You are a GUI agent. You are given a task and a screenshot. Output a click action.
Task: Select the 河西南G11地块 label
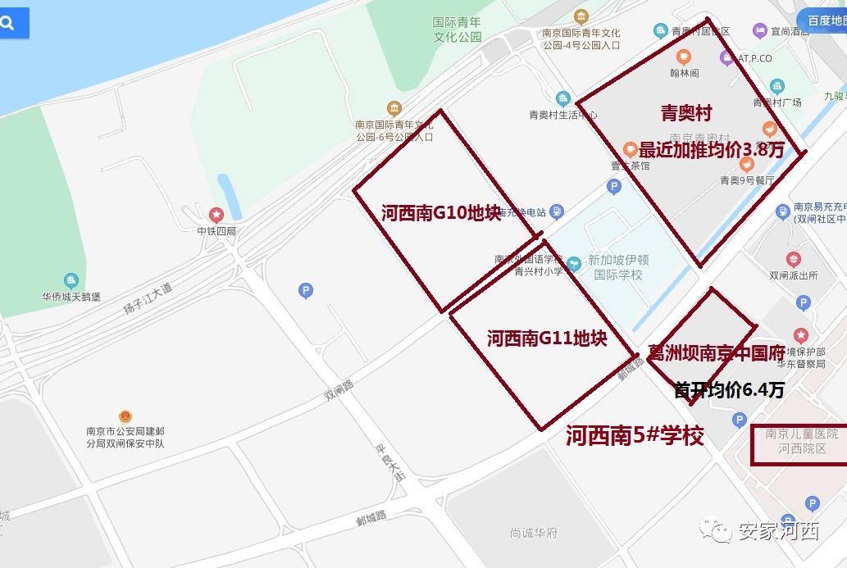[546, 338]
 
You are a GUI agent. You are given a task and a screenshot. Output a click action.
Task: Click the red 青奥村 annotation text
[685, 113]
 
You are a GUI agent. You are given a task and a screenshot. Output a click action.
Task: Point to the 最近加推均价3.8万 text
[712, 150]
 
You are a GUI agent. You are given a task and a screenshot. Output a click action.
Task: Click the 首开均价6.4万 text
[728, 390]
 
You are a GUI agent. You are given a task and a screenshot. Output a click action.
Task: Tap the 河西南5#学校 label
[635, 435]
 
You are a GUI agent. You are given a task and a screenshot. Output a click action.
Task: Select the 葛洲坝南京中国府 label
[717, 353]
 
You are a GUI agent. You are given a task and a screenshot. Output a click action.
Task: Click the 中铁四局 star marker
[216, 216]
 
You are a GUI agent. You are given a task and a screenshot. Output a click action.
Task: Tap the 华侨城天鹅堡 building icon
[71, 281]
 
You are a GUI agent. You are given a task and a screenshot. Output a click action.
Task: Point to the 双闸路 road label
[339, 389]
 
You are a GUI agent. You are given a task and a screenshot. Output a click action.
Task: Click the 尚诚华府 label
[533, 533]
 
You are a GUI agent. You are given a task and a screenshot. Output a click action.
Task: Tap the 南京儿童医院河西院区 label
[795, 441]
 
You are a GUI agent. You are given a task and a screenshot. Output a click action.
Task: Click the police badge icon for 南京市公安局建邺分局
[125, 417]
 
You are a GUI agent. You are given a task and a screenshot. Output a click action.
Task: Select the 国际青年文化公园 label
[458, 30]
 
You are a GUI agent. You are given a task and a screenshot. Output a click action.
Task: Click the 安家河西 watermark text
[778, 532]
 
